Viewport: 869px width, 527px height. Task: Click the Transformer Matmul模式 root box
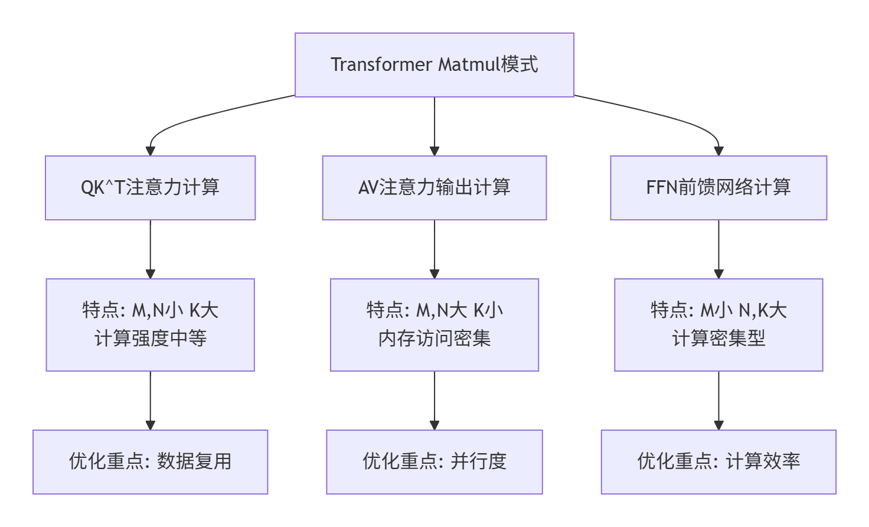tap(434, 65)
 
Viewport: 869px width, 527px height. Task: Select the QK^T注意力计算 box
tap(150, 188)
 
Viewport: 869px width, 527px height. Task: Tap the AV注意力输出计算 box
tap(434, 188)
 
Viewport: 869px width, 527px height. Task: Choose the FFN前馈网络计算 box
tap(718, 188)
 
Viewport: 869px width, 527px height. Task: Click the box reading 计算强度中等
tap(150, 339)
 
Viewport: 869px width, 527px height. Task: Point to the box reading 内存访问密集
tap(434, 339)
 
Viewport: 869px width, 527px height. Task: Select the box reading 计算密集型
tap(718, 339)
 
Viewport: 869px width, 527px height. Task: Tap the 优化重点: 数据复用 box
tap(150, 461)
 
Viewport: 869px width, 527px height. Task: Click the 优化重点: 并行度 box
tap(434, 461)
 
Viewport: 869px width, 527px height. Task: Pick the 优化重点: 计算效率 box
tap(718, 461)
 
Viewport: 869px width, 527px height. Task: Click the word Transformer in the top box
tap(381, 64)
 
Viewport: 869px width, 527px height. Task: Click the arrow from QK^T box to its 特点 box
tap(151, 248)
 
